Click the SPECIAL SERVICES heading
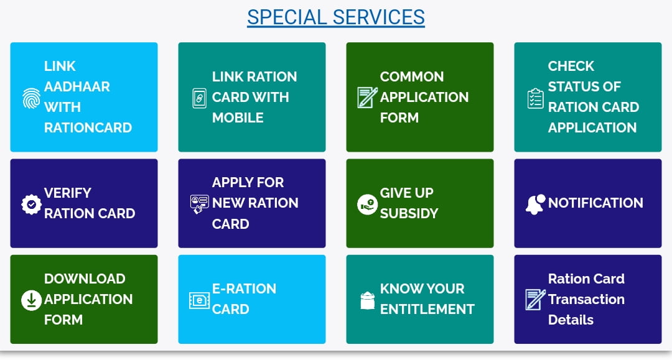[x=335, y=17]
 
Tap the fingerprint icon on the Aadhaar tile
[x=31, y=98]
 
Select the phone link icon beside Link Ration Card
[x=199, y=98]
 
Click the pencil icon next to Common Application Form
[x=367, y=97]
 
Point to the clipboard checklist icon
[x=535, y=98]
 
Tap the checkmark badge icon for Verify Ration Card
[x=31, y=204]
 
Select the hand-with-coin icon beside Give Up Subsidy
[x=367, y=204]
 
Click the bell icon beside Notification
[x=535, y=204]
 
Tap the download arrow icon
[x=31, y=300]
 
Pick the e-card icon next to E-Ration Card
[x=199, y=300]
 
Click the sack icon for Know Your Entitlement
[x=367, y=300]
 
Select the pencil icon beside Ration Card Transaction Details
[x=535, y=299]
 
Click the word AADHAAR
[x=77, y=86]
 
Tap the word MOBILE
[x=238, y=118]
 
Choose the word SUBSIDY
[x=409, y=213]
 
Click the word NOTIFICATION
[x=595, y=203]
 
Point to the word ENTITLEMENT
[x=427, y=309]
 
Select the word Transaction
[x=586, y=299]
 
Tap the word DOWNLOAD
[x=85, y=279]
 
